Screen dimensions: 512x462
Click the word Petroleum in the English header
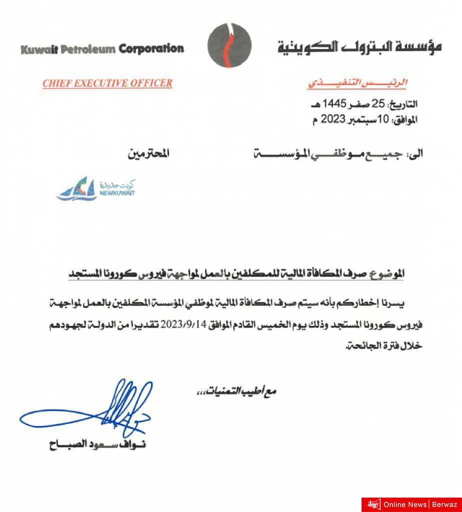click(88, 49)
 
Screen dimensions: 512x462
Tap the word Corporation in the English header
click(151, 49)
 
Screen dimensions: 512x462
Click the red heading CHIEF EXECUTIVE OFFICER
click(107, 83)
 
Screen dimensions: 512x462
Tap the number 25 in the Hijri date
click(380, 104)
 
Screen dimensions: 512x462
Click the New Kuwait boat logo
click(76, 189)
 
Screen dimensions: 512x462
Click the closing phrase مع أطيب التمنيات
click(235, 390)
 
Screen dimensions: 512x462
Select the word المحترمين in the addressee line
click(148, 153)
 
